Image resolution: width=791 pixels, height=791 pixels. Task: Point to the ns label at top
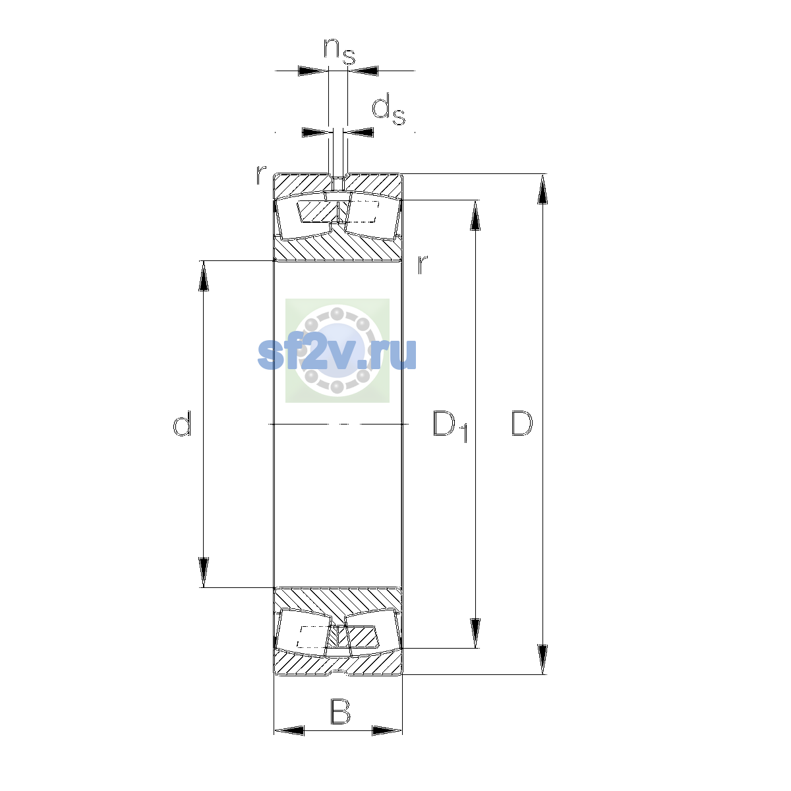click(339, 51)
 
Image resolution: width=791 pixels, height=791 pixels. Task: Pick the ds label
click(388, 109)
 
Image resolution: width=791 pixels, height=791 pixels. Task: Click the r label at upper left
click(261, 174)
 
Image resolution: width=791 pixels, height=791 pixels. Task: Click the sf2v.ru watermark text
click(337, 354)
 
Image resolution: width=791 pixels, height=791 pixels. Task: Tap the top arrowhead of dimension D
click(542, 189)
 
